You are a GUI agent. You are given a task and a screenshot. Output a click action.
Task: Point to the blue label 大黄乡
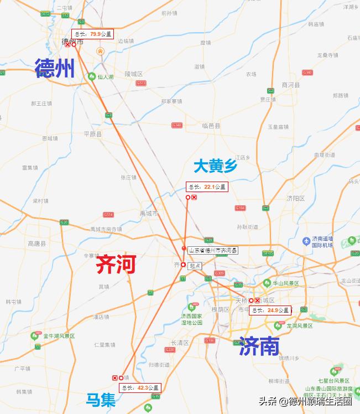tap(215, 166)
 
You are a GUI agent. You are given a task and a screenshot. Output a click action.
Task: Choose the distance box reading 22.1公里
tap(207, 187)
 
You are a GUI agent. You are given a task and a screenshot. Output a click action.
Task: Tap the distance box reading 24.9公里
tap(270, 310)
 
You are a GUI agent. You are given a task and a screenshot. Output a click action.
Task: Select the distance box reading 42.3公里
tap(140, 387)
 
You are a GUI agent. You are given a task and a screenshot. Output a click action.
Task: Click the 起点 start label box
tap(195, 266)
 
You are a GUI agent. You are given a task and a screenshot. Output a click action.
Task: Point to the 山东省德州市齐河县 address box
tap(213, 250)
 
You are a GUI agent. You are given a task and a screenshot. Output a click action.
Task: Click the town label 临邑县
tap(212, 126)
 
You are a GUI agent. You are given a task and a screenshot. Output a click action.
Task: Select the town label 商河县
tap(290, 85)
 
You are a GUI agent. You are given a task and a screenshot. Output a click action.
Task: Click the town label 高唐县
tap(37, 243)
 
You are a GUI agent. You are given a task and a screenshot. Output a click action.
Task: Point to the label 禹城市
tap(149, 213)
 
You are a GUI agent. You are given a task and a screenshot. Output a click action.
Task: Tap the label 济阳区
tap(296, 198)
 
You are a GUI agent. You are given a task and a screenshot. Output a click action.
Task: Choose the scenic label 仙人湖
tap(105, 77)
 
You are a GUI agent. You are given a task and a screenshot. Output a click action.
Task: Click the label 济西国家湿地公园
tap(191, 319)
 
